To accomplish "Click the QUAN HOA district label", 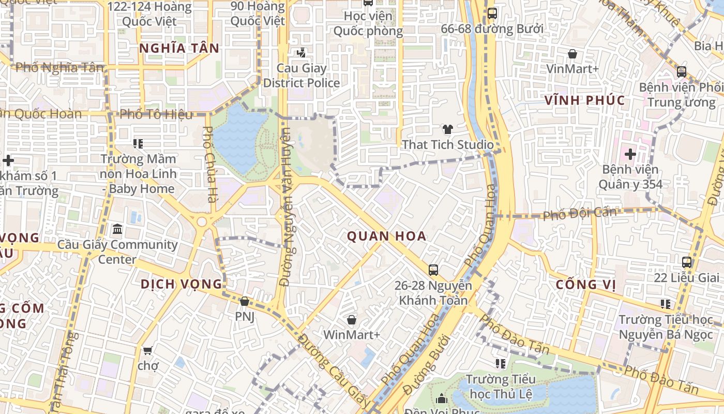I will coord(386,236).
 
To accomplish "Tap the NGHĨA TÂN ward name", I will coord(179,48).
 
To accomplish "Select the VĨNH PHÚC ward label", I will coord(585,100).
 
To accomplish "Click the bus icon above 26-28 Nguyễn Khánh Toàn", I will coord(433,270).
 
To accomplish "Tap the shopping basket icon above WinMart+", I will coord(352,320).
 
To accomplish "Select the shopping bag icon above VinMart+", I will coord(572,54).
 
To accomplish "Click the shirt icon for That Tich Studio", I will coord(447,129).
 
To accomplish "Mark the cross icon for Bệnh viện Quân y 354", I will coord(630,154).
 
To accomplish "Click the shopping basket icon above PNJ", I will coord(245,301).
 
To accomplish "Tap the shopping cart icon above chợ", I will coord(147,351).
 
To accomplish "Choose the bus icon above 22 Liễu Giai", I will coord(687,262).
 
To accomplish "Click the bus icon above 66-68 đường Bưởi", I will coord(492,13).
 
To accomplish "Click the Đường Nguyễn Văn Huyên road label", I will coord(285,207).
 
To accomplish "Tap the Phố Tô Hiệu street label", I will coord(156,114).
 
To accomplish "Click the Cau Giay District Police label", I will coord(301,76).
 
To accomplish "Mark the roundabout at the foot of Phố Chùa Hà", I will coord(202,221).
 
